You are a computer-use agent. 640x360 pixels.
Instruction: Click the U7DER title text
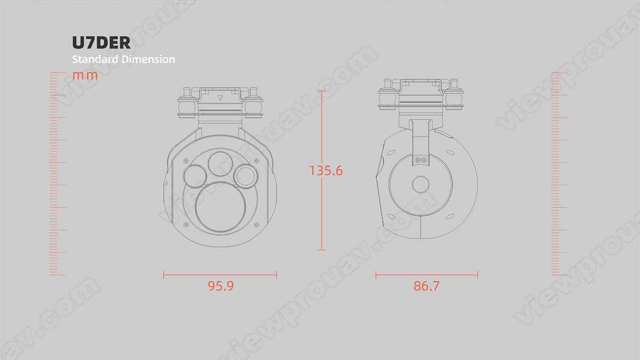point(101,43)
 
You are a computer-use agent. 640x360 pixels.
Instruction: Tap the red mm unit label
point(85,75)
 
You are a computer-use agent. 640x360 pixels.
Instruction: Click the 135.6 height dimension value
point(326,171)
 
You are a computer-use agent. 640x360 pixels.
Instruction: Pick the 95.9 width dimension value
point(221,286)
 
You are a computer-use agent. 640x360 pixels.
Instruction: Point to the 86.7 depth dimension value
point(427,286)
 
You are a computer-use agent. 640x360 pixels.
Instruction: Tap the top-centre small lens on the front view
point(220,163)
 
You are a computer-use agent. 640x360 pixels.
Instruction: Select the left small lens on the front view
point(194,176)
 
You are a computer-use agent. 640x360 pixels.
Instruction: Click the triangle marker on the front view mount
point(220,98)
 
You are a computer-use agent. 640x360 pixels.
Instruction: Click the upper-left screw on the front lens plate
point(185,160)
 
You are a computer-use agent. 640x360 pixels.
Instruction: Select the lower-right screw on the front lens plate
point(257,225)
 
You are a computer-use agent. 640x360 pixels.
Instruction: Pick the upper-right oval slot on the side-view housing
point(451,153)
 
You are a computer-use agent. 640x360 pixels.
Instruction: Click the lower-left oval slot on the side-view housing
point(391,216)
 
